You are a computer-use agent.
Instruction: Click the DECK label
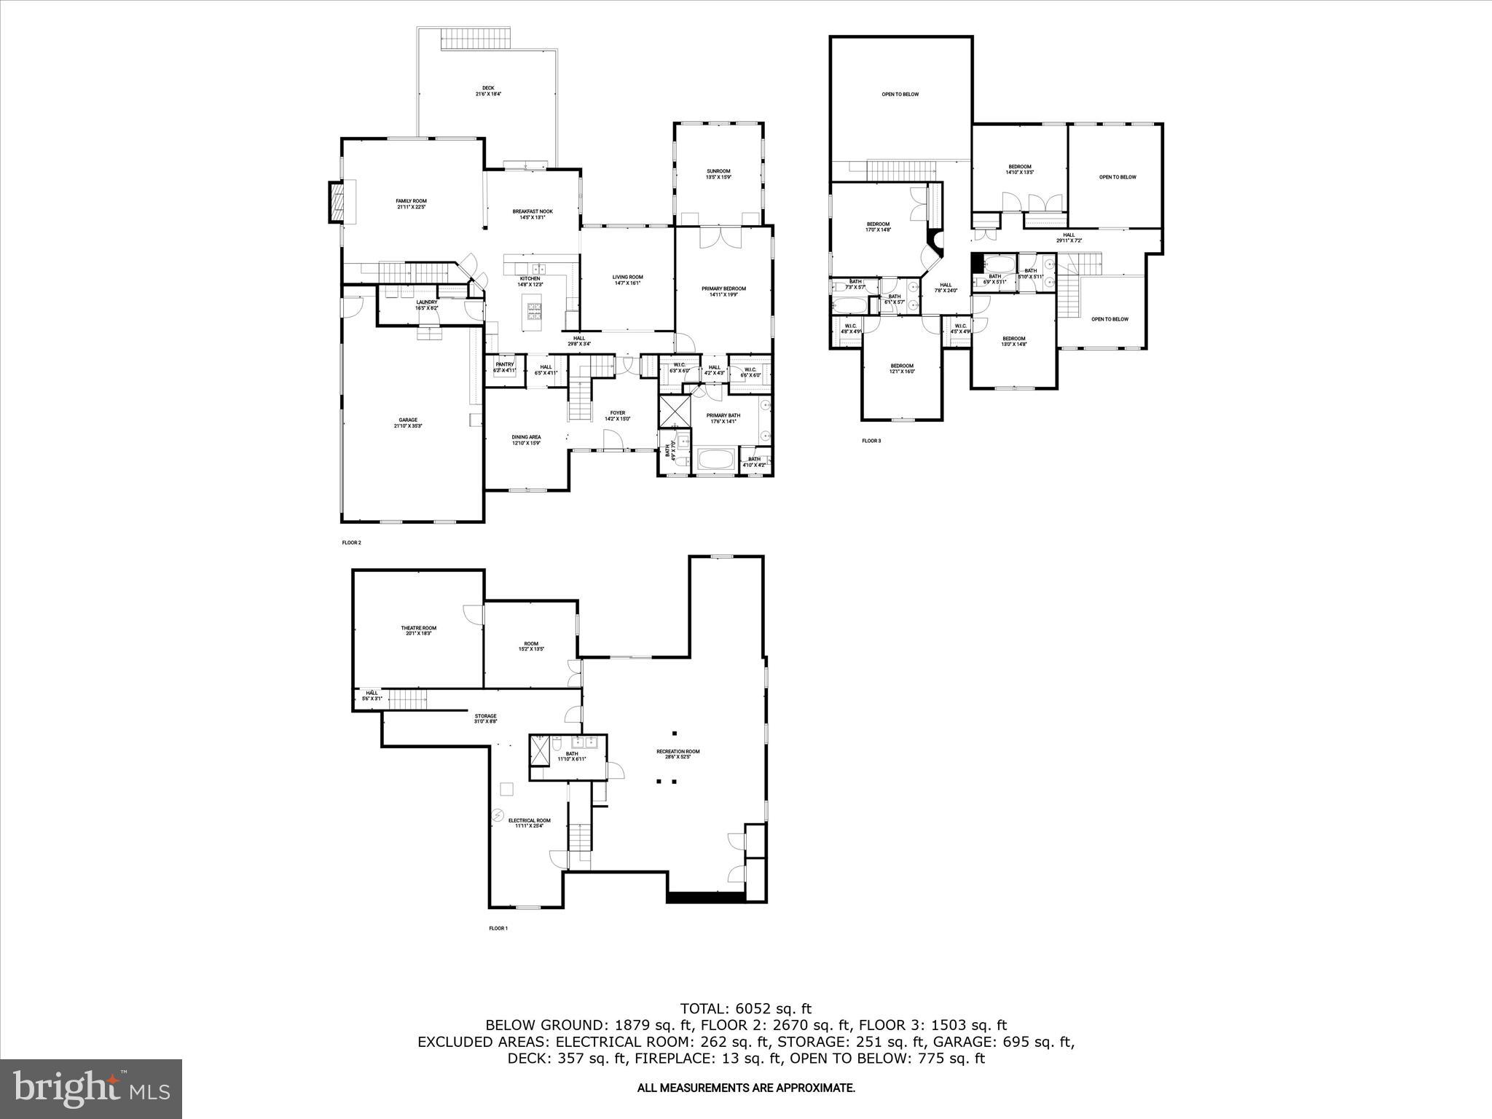[488, 91]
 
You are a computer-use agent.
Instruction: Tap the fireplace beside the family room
[337, 202]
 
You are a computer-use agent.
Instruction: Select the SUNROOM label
[718, 174]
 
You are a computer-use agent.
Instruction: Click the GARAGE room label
[408, 423]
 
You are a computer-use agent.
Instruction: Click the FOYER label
[617, 416]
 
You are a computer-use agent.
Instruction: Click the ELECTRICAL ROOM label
[529, 822]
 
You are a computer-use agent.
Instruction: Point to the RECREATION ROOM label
[678, 754]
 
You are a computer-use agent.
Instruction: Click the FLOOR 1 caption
[498, 928]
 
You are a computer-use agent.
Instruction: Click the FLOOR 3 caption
[871, 441]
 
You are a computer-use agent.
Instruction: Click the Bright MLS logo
[91, 1088]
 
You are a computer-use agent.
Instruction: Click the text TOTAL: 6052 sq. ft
[745, 1009]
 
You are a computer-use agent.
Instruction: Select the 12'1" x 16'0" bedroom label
[901, 369]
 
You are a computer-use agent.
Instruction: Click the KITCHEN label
[530, 281]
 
